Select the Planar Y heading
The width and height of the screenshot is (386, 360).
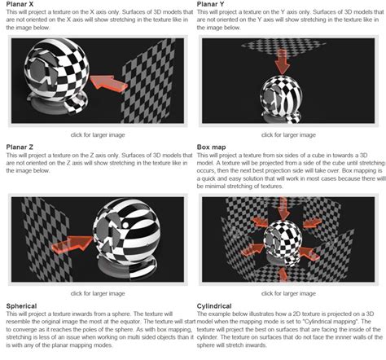(211, 5)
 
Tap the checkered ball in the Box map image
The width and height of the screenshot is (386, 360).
(287, 230)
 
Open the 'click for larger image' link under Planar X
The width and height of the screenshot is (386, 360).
(97, 134)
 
